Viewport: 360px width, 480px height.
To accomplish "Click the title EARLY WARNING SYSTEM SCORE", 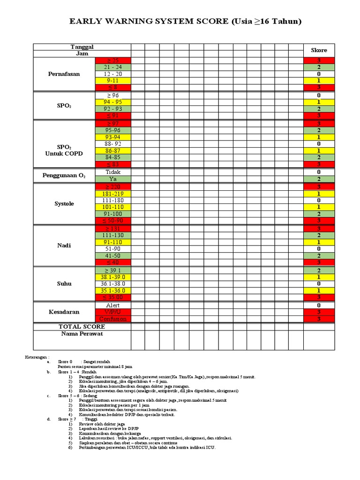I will coord(185,22).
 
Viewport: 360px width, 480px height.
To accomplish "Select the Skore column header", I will coord(319,50).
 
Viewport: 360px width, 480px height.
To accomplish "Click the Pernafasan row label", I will coord(64,74).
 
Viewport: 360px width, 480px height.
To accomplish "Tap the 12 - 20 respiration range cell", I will coord(112,74).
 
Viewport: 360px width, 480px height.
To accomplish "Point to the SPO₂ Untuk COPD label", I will coord(64,150).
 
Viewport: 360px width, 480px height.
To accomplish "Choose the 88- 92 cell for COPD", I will coord(112,144).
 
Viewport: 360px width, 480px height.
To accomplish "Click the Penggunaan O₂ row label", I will coord(64,175).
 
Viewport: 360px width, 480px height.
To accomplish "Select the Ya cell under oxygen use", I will coord(112,179).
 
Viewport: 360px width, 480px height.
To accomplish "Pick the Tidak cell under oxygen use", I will coord(112,172).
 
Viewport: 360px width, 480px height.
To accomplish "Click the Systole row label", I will coord(64,204).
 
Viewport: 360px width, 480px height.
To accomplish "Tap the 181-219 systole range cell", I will coord(112,194).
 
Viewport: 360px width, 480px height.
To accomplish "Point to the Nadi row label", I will coord(64,245).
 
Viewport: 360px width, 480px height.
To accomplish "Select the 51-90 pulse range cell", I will coord(112,249).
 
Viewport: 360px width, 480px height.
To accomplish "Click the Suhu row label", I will coord(64,284).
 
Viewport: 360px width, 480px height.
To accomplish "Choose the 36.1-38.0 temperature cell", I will coord(112,284).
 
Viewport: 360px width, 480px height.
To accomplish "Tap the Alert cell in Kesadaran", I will coord(112,305).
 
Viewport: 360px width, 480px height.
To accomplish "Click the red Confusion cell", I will coord(112,319).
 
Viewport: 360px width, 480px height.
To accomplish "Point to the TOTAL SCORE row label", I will coord(82,326).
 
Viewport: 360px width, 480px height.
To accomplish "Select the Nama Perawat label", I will coord(82,334).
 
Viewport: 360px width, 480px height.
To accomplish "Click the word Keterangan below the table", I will coord(37,357).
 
